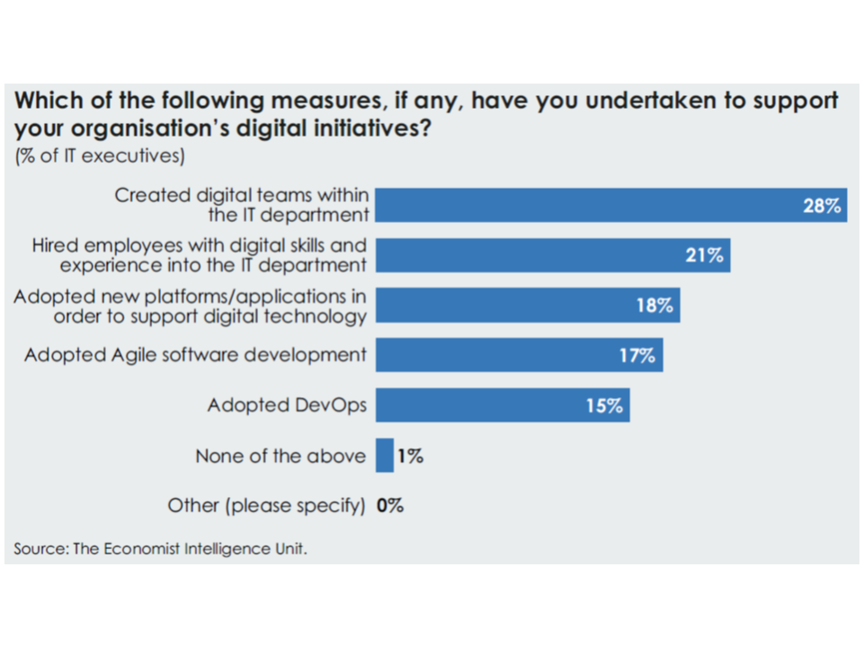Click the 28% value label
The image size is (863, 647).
[x=822, y=206]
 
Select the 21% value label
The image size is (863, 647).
[x=705, y=255]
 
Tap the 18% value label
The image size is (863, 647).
[x=654, y=306]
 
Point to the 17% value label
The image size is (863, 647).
[x=636, y=355]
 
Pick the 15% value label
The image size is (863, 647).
[x=604, y=405]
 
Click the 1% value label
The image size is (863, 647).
[x=410, y=456]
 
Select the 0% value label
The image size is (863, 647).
[x=390, y=506]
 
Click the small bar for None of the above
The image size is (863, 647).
[x=385, y=456]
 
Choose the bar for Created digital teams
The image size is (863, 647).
[x=584, y=206]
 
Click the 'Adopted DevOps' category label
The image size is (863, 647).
[x=287, y=405]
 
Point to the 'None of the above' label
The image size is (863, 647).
[x=280, y=456]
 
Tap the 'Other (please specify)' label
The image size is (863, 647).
[x=266, y=506]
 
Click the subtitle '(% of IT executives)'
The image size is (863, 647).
[x=100, y=156]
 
